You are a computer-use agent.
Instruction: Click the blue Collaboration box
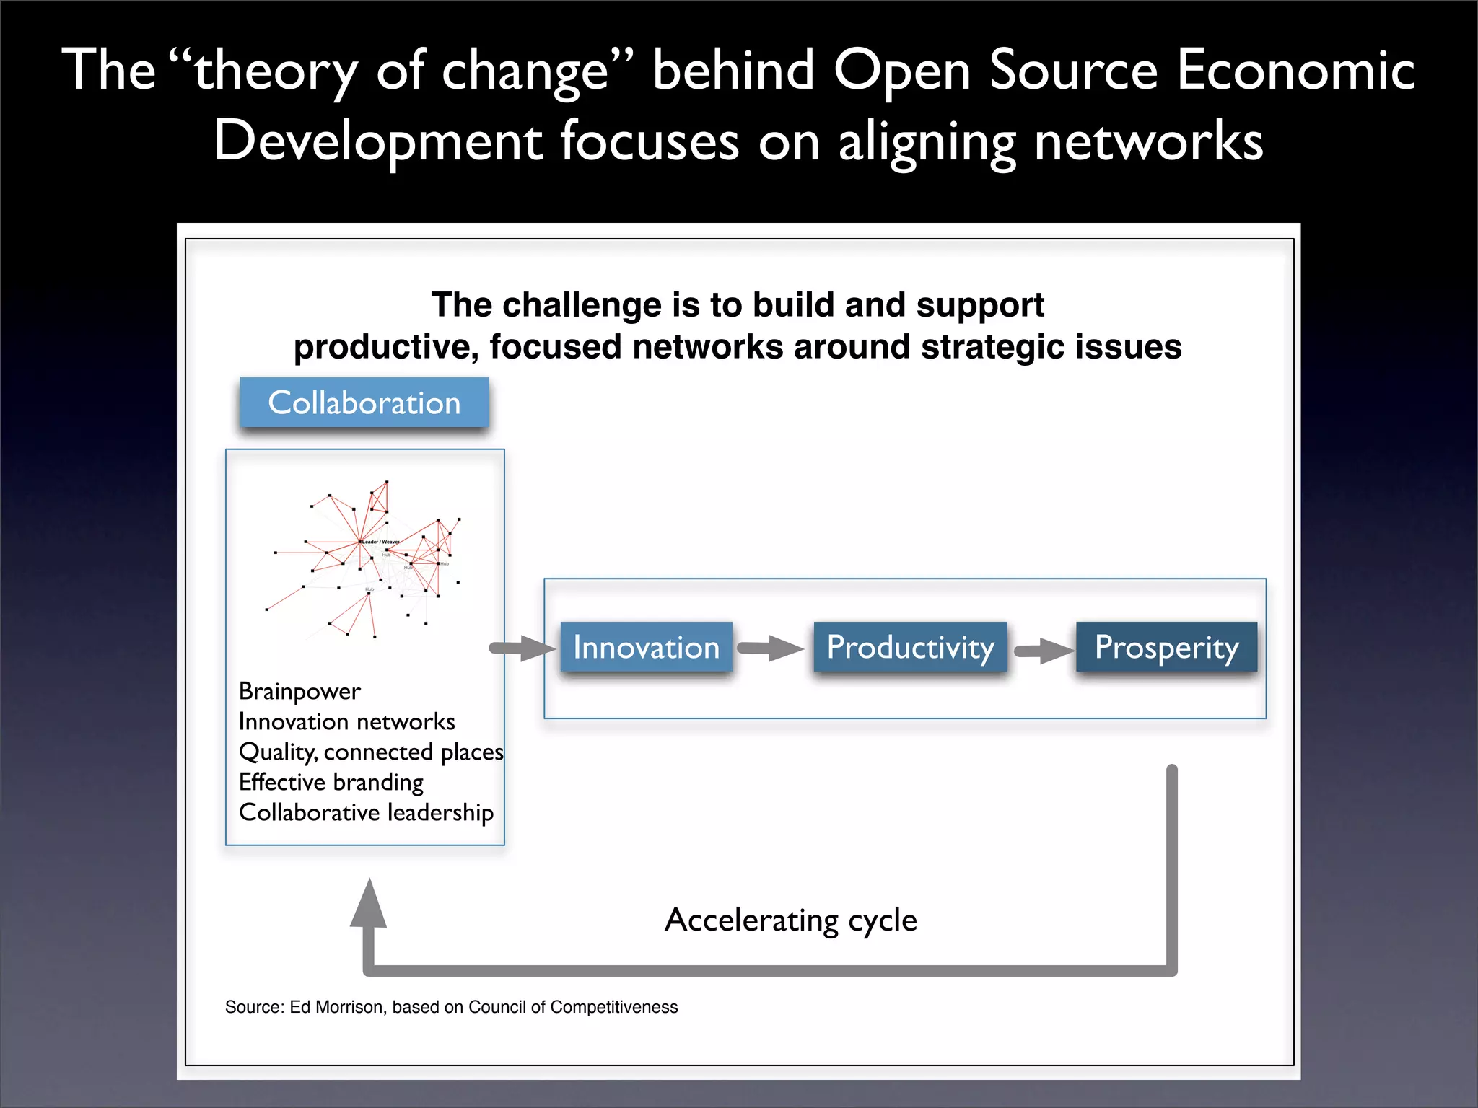coord(364,403)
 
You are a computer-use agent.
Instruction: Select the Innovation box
coord(646,647)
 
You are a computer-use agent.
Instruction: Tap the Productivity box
coord(910,647)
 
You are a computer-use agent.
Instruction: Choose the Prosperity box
coord(1166,647)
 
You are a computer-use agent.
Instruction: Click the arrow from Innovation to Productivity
coord(771,648)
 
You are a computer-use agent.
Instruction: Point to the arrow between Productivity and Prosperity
coord(1044,651)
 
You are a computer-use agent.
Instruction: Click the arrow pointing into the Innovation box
coord(522,648)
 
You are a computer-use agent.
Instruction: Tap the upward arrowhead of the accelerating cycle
coord(369,903)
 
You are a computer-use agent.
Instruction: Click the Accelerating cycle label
coord(791,920)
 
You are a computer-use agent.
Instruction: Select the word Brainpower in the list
coord(299,691)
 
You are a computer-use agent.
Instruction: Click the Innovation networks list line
coord(346,721)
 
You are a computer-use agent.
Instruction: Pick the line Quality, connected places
coord(371,752)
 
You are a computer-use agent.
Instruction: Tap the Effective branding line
coord(331,782)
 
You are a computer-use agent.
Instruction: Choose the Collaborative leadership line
coord(366,812)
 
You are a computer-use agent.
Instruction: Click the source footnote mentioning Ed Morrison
coord(451,1007)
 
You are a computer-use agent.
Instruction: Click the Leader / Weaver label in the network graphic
coord(380,542)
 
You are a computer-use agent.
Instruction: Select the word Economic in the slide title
coord(1295,71)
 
